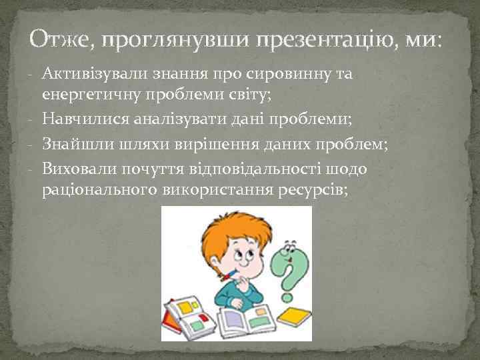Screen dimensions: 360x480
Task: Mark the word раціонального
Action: (x=99, y=190)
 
